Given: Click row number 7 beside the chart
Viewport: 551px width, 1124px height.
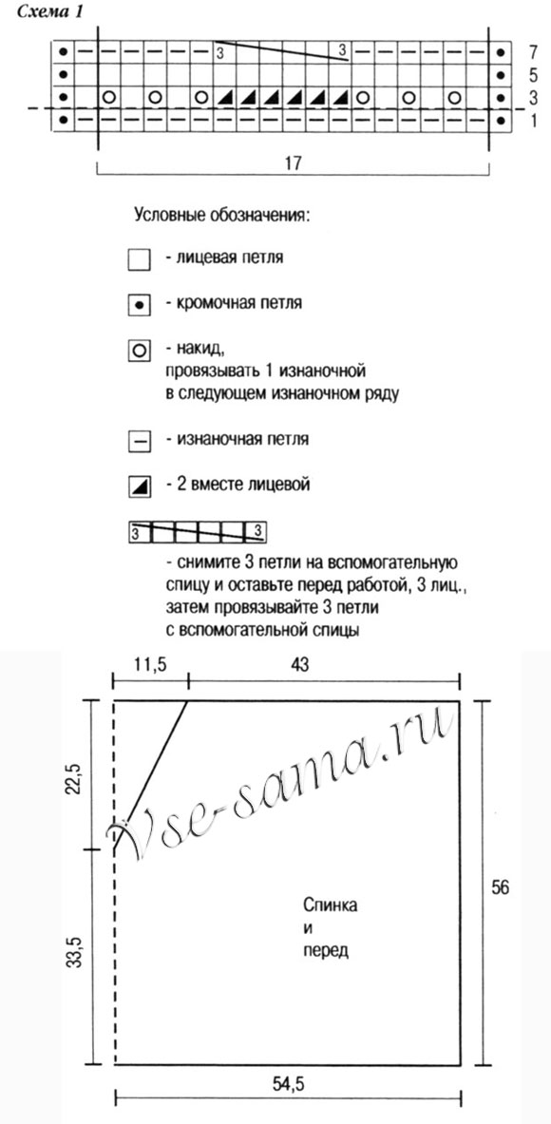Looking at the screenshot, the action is (x=535, y=50).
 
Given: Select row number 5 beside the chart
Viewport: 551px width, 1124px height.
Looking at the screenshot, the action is (x=535, y=73).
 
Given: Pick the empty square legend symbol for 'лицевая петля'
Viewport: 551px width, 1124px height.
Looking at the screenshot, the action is (x=139, y=258).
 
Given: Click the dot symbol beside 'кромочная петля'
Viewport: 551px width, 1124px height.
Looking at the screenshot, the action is (x=139, y=305).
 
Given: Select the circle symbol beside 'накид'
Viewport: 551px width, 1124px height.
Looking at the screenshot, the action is (x=139, y=351).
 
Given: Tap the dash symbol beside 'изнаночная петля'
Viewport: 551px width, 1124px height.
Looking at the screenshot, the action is (x=139, y=441).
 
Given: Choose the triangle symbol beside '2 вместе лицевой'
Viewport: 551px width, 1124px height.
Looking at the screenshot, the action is (x=139, y=486).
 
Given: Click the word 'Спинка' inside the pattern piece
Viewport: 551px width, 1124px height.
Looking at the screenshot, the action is (x=332, y=905).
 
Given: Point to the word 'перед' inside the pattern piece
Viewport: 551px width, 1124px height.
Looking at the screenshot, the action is (x=329, y=949).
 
